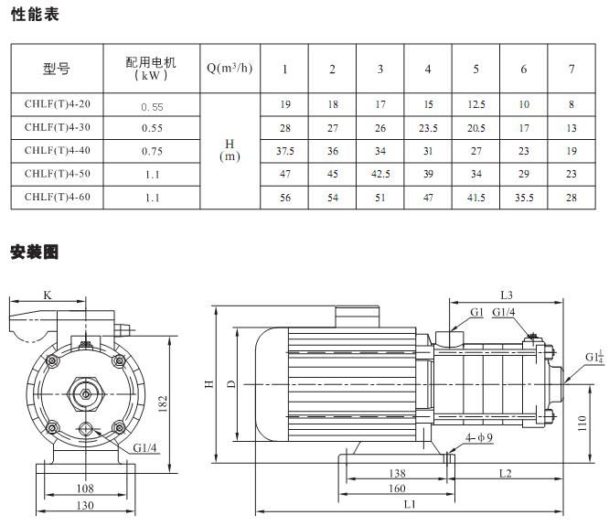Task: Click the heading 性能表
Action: [33, 14]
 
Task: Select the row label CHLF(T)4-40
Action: [57, 150]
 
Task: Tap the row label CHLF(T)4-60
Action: [57, 196]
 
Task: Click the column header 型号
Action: [57, 68]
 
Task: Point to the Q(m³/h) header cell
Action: [229, 68]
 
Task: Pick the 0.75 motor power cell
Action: [152, 151]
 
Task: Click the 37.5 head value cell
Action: [284, 151]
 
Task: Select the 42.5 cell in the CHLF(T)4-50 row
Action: [379, 174]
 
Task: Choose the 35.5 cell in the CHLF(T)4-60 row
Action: [523, 197]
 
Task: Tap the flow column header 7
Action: [572, 69]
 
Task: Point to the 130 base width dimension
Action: [85, 506]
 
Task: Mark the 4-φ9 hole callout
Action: [479, 438]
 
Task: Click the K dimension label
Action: [48, 295]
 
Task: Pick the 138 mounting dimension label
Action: [398, 473]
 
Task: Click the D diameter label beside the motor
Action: [231, 383]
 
